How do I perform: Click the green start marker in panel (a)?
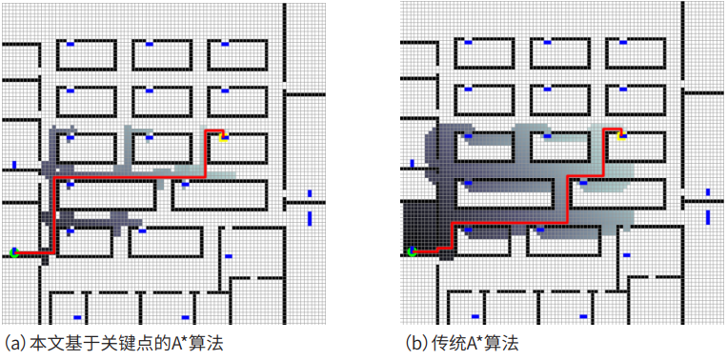click(13, 252)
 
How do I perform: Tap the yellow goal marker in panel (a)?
click(223, 136)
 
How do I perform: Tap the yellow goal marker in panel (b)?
click(621, 134)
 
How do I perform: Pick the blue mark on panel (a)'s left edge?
click(14, 166)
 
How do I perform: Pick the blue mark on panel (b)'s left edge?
click(413, 164)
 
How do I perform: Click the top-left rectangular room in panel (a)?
click(85, 54)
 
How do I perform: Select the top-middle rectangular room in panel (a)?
click(161, 54)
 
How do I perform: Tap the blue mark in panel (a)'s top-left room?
click(71, 43)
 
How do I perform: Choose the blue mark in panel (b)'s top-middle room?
click(546, 42)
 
